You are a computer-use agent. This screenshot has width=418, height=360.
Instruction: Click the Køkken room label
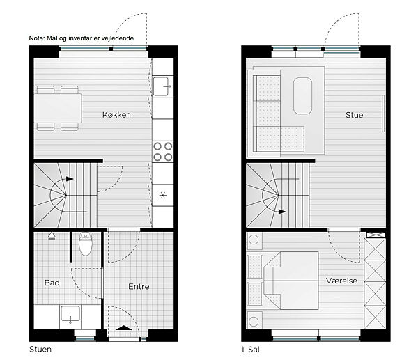116,115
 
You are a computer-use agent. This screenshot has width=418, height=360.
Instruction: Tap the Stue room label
355,115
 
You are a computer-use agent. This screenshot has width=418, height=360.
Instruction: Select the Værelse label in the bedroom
341,281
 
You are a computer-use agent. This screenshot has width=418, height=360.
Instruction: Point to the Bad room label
52,283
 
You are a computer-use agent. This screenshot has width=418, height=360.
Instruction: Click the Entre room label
139,286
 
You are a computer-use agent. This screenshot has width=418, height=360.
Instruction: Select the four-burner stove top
162,152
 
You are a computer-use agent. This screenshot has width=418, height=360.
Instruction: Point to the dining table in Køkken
58,108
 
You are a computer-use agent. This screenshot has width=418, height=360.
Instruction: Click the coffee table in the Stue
302,95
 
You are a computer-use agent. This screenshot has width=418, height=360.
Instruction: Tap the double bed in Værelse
291,281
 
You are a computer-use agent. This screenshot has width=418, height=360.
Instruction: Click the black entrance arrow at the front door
124,328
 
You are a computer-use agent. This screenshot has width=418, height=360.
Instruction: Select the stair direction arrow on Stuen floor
70,179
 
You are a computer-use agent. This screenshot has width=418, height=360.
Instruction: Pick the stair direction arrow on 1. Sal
282,212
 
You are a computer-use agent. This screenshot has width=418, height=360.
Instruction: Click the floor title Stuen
40,349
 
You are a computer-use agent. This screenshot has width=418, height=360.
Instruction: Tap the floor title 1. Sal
250,350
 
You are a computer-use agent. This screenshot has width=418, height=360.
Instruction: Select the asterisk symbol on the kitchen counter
163,196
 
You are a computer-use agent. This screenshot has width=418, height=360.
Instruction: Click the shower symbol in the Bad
52,236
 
